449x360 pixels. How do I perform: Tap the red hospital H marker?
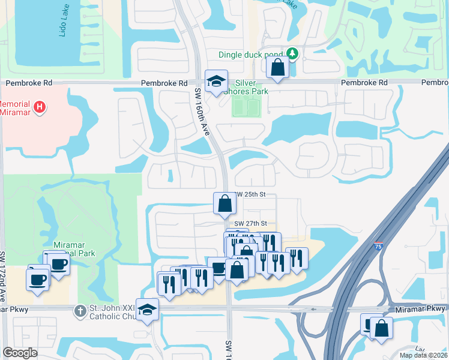click(40, 107)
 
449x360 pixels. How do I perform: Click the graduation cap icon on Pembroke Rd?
click(216, 82)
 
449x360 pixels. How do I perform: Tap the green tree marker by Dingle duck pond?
click(292, 54)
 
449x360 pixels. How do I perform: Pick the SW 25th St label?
click(250, 195)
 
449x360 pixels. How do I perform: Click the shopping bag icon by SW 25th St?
click(224, 203)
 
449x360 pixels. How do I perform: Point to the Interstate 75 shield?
click(377, 245)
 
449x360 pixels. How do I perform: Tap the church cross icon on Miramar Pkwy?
click(79, 311)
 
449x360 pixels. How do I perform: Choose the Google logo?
click(20, 353)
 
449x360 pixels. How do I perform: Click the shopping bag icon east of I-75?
click(381, 329)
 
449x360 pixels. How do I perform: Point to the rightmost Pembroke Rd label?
click(435, 82)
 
